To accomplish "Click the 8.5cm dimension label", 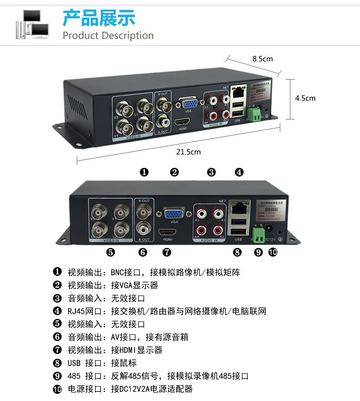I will click(x=263, y=59).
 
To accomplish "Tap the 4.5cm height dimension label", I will click(x=305, y=98).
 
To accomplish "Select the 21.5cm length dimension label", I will click(x=188, y=152).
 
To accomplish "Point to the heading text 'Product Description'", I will click(x=108, y=35).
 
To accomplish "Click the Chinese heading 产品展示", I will click(x=99, y=17).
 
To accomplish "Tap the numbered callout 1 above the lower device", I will click(x=144, y=172).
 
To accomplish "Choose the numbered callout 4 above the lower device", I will click(x=239, y=172).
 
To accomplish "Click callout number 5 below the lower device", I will click(x=110, y=251).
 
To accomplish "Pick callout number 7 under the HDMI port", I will click(x=167, y=251).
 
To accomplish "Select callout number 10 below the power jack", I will click(x=273, y=252).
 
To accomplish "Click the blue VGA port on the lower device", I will click(x=173, y=213).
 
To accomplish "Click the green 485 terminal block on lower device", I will click(x=258, y=234).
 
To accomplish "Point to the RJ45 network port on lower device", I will click(x=239, y=207).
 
